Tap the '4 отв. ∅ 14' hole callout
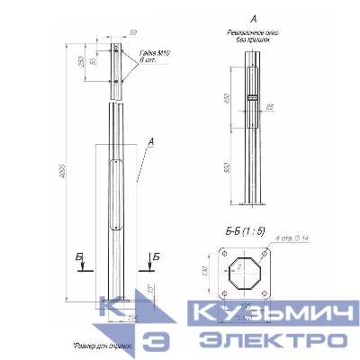283,236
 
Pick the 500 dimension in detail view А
229,167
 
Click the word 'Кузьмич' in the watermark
268,316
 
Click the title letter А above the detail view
253,18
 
